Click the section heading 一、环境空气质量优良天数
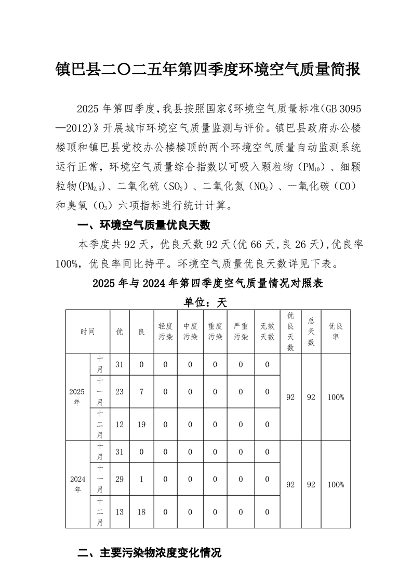coord(143,226)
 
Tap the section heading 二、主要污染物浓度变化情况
coord(150,552)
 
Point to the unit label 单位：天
coord(206,302)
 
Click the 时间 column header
coord(87,332)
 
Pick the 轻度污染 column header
coord(165,332)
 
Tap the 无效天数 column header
coord(267,332)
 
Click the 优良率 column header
coord(336,332)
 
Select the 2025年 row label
coord(77,397)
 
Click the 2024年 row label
coord(77,484)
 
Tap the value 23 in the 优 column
coord(119,391)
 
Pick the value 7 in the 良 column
coord(141,391)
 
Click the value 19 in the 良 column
coord(141,425)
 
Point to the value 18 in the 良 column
coord(141,512)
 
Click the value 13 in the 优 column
coord(119,512)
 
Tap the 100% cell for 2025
coord(336,397)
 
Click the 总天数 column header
coord(311,332)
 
